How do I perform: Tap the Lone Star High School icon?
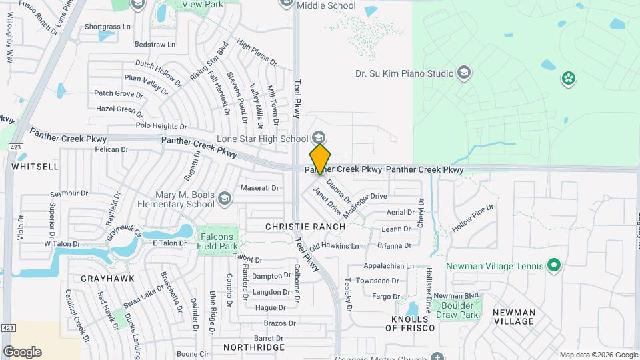point(319,138)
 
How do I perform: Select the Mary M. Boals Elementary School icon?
point(225,199)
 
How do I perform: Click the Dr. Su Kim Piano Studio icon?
point(464,73)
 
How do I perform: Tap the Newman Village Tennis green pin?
point(553,266)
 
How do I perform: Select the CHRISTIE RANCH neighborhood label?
point(305,227)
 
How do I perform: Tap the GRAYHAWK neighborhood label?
point(108,278)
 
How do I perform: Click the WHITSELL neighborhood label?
point(35,166)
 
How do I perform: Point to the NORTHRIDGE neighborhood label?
point(254,347)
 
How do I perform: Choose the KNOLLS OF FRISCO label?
point(410,323)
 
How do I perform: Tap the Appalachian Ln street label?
point(389,265)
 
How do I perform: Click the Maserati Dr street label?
point(260,188)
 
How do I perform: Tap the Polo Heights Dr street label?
point(161,125)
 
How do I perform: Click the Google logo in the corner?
point(22,351)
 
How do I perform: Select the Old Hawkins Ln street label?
point(334,247)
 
